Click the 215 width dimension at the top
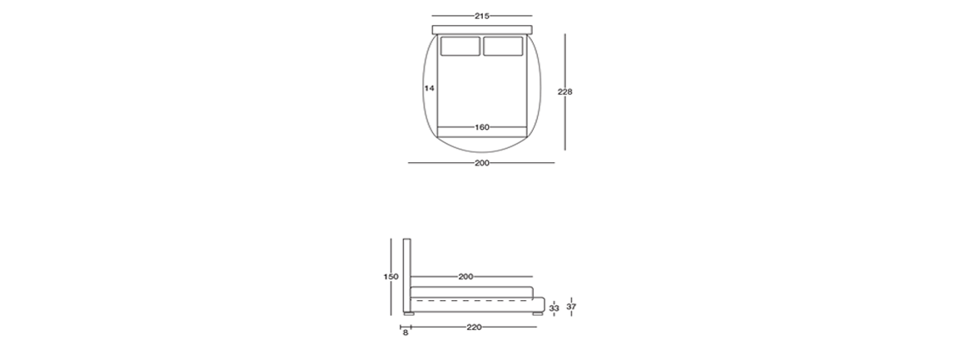(x=481, y=17)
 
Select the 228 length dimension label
(x=565, y=92)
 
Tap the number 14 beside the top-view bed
(x=429, y=88)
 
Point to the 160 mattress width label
(x=481, y=127)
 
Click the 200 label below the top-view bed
(x=481, y=163)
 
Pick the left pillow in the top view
(x=461, y=47)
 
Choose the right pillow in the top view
(x=503, y=47)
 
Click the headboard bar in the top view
(x=482, y=30)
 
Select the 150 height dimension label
(x=391, y=277)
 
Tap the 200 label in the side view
(x=466, y=277)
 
